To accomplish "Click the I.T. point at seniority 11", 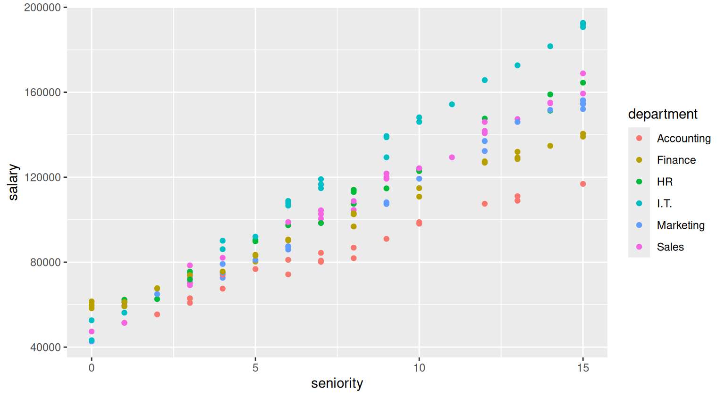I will pos(452,104).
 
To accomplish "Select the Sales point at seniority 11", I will pos(452,157).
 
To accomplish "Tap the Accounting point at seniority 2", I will pos(157,314).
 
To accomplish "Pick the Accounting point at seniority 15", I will pos(583,184).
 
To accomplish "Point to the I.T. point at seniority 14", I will pos(550,46).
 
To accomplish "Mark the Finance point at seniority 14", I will pos(550,146).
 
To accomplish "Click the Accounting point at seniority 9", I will pos(387,239).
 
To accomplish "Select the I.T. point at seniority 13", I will pos(517,65).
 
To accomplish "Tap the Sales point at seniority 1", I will pos(125,323).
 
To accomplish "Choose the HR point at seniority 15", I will pos(583,83).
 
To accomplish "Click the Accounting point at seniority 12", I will pos(485,204).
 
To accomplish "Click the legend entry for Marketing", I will pos(680,225).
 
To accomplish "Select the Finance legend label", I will pos(676,160).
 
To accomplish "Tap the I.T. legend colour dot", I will pos(639,203).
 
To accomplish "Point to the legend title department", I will pos(662,114).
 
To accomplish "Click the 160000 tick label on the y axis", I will pos(43,92).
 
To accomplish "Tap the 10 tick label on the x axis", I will pos(419,368).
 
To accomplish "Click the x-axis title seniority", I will pos(337,383).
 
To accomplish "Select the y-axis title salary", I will pos(13,182).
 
